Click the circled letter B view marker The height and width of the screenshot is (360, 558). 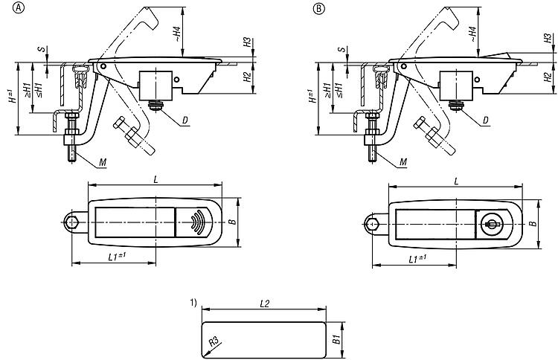coord(318,8)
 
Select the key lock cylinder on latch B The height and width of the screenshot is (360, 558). coord(490,222)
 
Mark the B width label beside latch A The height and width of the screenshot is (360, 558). coord(231,221)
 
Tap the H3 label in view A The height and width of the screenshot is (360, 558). coord(247,43)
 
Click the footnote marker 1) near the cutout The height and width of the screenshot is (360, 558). coord(193,302)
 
